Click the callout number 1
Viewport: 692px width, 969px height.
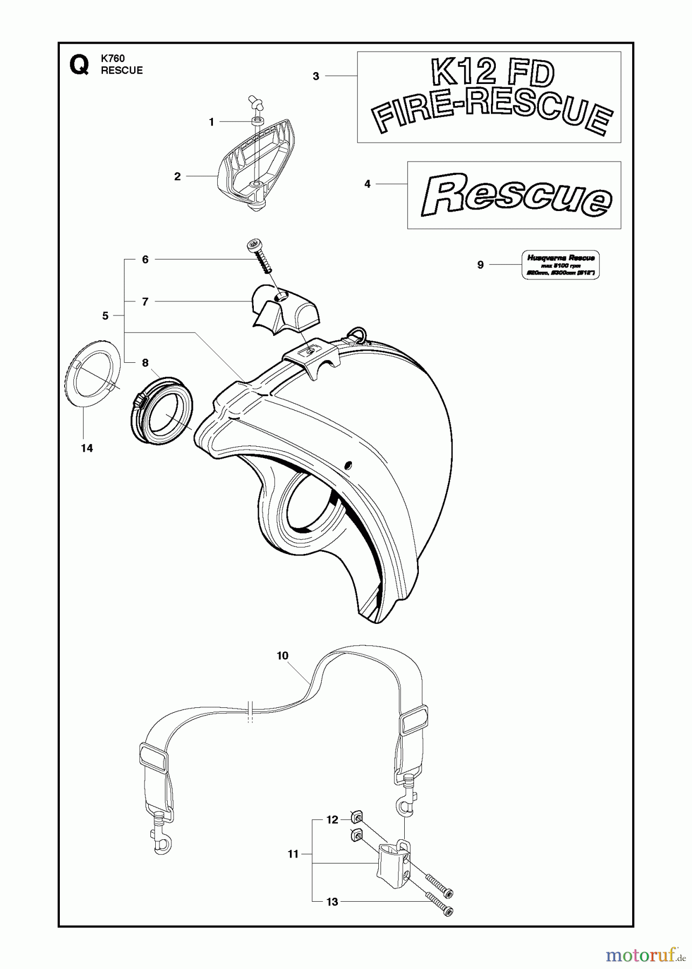pyautogui.click(x=212, y=122)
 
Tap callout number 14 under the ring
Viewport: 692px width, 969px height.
pyautogui.click(x=87, y=448)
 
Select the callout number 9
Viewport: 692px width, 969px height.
pyautogui.click(x=480, y=265)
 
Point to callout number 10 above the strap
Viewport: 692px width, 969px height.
pyautogui.click(x=282, y=656)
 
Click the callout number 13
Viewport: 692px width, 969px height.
pyautogui.click(x=332, y=902)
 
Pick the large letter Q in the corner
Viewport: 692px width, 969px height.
pyautogui.click(x=79, y=66)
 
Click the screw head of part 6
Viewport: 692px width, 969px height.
pyautogui.click(x=253, y=246)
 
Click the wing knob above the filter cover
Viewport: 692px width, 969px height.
pyautogui.click(x=255, y=101)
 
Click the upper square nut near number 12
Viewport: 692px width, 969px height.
pyautogui.click(x=355, y=818)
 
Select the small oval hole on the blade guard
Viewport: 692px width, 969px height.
pyautogui.click(x=348, y=464)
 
